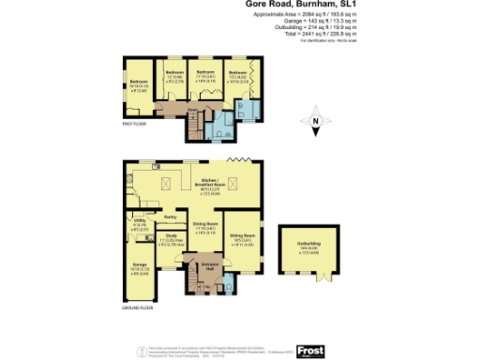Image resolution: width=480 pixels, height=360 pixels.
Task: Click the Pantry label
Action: (x=170, y=217)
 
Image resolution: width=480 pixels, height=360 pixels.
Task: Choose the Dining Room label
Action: (x=205, y=224)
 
